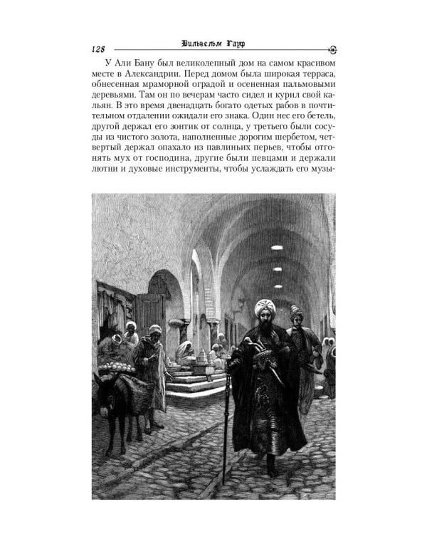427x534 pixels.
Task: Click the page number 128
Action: pyautogui.click(x=98, y=48)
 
